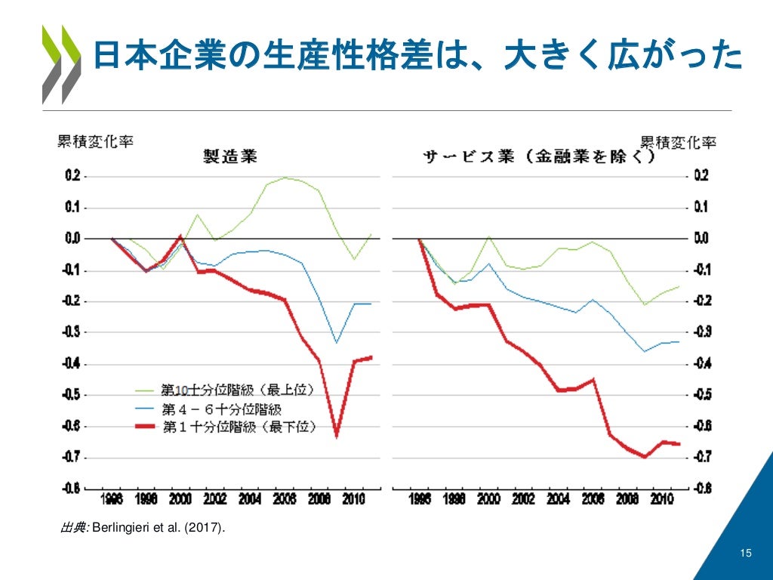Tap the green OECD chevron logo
coord(61,64)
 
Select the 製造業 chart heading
coord(230,156)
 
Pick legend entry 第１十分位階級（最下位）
coord(239,427)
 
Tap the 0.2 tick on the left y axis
coord(72,176)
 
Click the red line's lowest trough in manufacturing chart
coord(336,436)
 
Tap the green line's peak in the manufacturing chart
coord(285,178)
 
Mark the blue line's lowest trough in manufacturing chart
coord(336,342)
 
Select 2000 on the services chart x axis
coord(490,499)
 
